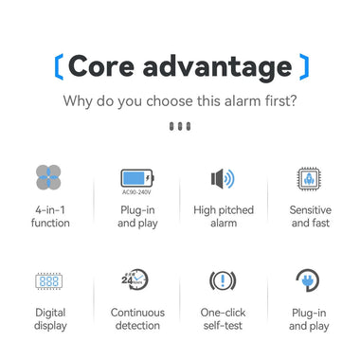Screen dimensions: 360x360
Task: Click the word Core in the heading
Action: (x=101, y=66)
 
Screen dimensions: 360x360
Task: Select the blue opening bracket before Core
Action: (x=59, y=67)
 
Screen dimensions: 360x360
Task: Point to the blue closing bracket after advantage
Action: (x=303, y=67)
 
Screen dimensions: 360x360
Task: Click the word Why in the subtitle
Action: (x=79, y=99)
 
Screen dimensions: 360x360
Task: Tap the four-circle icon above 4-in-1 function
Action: (x=49, y=178)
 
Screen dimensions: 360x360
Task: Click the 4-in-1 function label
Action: (x=49, y=216)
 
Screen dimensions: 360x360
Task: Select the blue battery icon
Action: (x=136, y=176)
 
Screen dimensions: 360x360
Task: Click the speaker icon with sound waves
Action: (x=222, y=179)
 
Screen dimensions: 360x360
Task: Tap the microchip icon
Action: (x=310, y=178)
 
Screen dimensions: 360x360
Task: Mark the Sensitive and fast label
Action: (x=310, y=216)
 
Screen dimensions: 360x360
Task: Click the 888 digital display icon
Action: (x=49, y=280)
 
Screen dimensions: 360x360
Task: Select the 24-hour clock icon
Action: (x=135, y=279)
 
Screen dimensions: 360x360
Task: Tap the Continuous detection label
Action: (x=137, y=318)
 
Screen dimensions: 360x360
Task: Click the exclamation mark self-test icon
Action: (x=223, y=280)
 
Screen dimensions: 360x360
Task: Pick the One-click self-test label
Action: (x=224, y=318)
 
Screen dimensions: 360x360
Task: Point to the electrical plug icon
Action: (x=309, y=280)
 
